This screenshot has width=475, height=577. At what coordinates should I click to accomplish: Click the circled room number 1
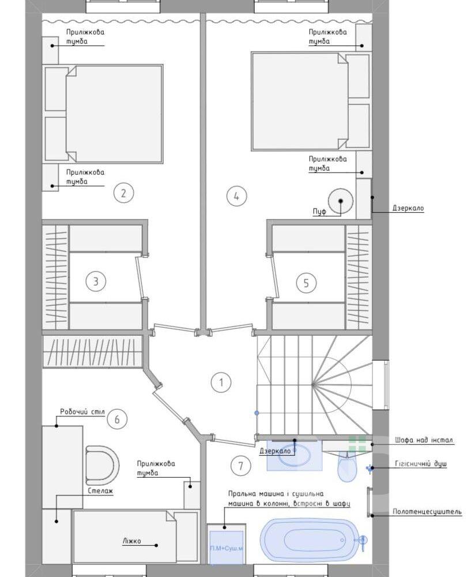pyautogui.click(x=221, y=383)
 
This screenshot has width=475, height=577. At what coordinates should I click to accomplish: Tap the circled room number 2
pyautogui.click(x=123, y=193)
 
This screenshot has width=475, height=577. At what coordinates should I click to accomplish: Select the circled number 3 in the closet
pyautogui.click(x=96, y=281)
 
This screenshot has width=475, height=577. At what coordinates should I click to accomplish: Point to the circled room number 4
pyautogui.click(x=236, y=196)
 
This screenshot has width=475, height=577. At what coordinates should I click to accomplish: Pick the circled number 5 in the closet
pyautogui.click(x=306, y=283)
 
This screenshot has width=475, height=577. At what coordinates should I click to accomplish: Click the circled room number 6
pyautogui.click(x=117, y=419)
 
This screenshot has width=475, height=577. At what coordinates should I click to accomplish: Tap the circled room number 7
pyautogui.click(x=241, y=466)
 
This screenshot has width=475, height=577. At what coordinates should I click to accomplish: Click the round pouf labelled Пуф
pyautogui.click(x=341, y=201)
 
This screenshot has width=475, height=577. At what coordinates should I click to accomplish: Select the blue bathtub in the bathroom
pyautogui.click(x=310, y=540)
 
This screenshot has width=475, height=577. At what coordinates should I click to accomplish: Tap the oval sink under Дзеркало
pyautogui.click(x=295, y=455)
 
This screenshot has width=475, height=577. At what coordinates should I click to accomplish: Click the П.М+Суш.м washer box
pyautogui.click(x=226, y=548)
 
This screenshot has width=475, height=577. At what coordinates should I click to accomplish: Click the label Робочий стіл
pyautogui.click(x=82, y=412)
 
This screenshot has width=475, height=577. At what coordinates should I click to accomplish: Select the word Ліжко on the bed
pyautogui.click(x=131, y=541)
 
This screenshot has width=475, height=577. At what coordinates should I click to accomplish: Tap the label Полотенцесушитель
pyautogui.click(x=427, y=511)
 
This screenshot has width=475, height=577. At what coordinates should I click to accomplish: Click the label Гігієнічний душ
pyautogui.click(x=421, y=464)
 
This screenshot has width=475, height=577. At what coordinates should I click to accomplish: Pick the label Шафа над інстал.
pyautogui.click(x=424, y=440)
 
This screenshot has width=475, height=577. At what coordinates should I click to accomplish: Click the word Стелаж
pyautogui.click(x=100, y=490)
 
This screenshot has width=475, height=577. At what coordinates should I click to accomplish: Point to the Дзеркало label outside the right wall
pyautogui.click(x=408, y=208)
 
